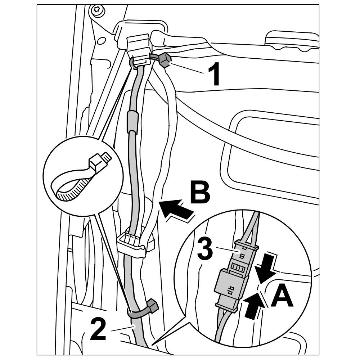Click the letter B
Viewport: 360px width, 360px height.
point(200,193)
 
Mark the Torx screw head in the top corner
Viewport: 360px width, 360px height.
point(97,10)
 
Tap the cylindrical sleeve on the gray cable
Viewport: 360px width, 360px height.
point(132,121)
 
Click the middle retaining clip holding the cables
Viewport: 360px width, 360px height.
point(131,244)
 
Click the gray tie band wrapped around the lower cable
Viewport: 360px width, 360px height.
point(137,312)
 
